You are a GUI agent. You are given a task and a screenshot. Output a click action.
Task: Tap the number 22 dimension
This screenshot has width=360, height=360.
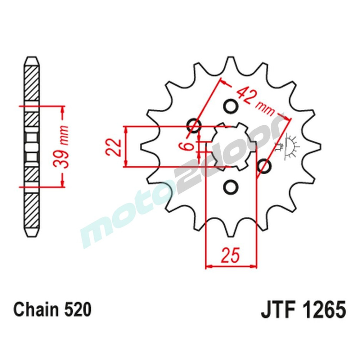113,147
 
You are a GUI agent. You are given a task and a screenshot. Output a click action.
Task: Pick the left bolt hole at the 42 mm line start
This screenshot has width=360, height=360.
194,126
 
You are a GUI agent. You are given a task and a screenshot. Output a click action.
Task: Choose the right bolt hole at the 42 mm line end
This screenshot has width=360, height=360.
265,167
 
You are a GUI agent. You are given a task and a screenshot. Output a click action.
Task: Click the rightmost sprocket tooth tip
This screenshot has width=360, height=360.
318,147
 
